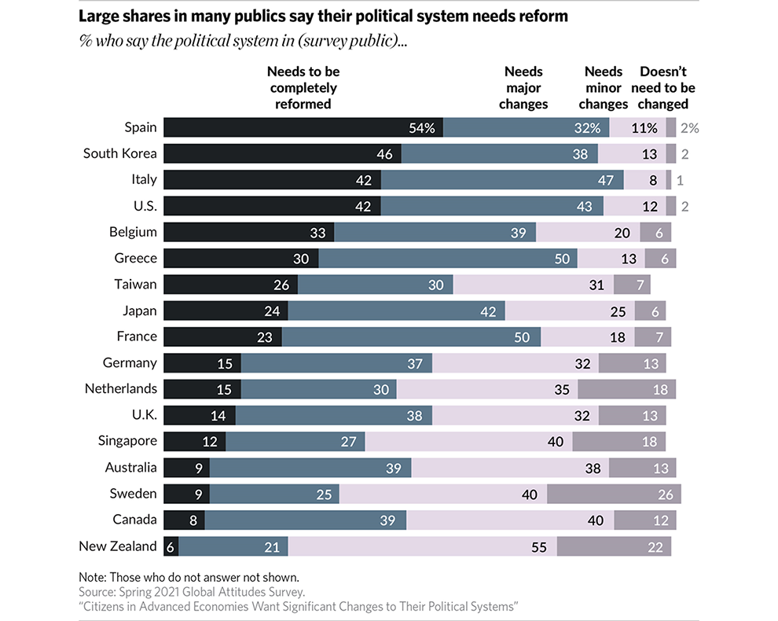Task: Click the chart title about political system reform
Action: (323, 17)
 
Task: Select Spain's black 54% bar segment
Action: (303, 127)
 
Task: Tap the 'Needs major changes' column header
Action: (523, 88)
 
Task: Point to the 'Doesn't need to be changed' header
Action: (662, 88)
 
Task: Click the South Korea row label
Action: (120, 153)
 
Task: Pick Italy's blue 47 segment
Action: (502, 180)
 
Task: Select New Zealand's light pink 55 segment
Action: (423, 546)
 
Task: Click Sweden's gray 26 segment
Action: (613, 494)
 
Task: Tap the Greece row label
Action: (135, 258)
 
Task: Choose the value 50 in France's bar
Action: (521, 336)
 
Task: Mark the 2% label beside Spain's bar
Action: (688, 128)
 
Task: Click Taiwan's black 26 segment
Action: (230, 285)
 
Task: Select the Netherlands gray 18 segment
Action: (626, 389)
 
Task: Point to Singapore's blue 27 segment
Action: (295, 441)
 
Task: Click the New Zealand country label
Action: (118, 546)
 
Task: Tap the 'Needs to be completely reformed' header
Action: (303, 88)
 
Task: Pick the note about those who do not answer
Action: (189, 576)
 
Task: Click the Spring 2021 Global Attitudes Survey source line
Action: (191, 591)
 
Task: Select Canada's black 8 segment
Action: (184, 520)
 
